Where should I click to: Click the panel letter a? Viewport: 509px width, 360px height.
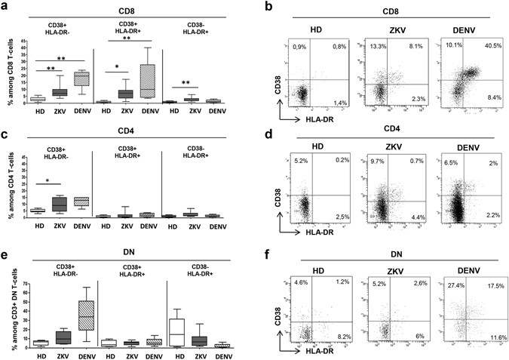(x=6, y=7)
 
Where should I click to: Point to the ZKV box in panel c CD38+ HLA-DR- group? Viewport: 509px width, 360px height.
(x=60, y=203)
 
